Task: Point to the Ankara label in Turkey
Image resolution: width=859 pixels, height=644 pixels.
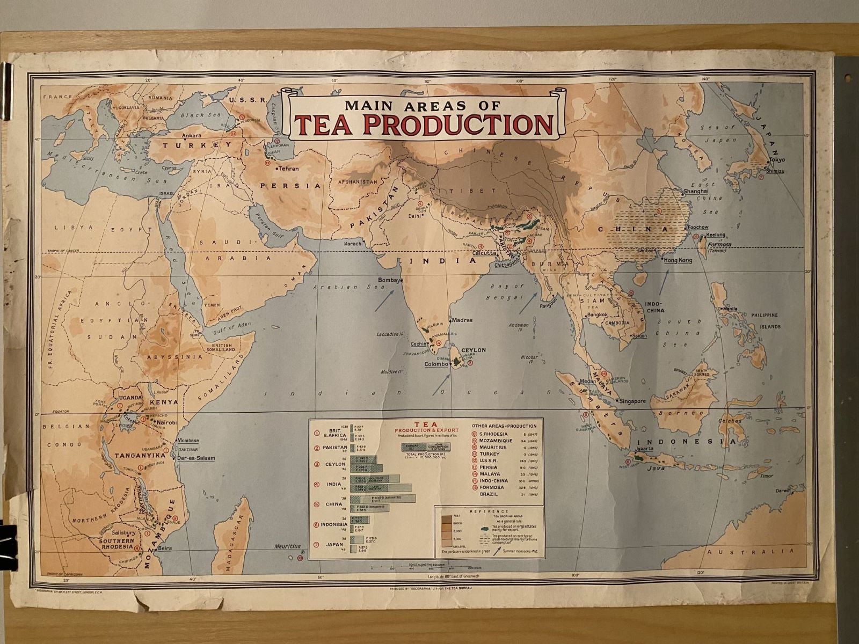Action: coord(191,136)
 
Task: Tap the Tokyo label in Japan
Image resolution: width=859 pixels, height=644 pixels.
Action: coord(776,160)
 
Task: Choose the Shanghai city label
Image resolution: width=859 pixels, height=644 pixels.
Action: coord(696,191)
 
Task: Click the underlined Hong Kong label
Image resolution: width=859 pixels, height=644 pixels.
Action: coord(678,260)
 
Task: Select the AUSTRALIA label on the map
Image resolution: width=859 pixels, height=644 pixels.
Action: coord(749,552)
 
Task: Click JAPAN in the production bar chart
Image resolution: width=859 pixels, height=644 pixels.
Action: coord(333,545)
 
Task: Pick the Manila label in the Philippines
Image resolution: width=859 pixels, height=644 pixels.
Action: coord(731,309)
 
